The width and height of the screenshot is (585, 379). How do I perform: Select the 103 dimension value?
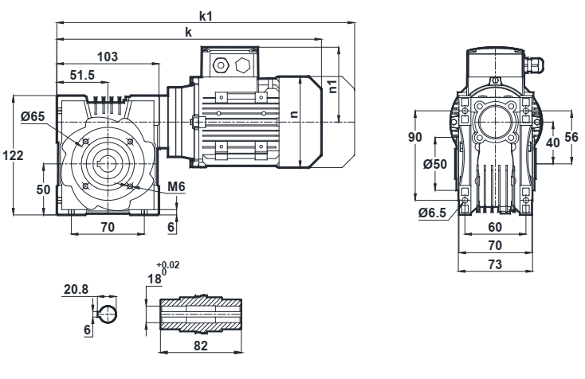pos(107,57)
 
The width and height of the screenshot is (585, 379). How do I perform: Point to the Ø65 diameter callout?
pos(33,116)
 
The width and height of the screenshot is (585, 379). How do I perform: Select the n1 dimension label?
pos(335,85)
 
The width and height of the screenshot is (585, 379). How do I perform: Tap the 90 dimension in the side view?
pos(414,138)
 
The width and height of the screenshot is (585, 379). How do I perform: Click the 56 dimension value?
pos(571,137)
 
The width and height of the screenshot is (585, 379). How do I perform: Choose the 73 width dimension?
pos(496,265)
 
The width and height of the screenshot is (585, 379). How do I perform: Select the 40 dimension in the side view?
pos(552,141)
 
